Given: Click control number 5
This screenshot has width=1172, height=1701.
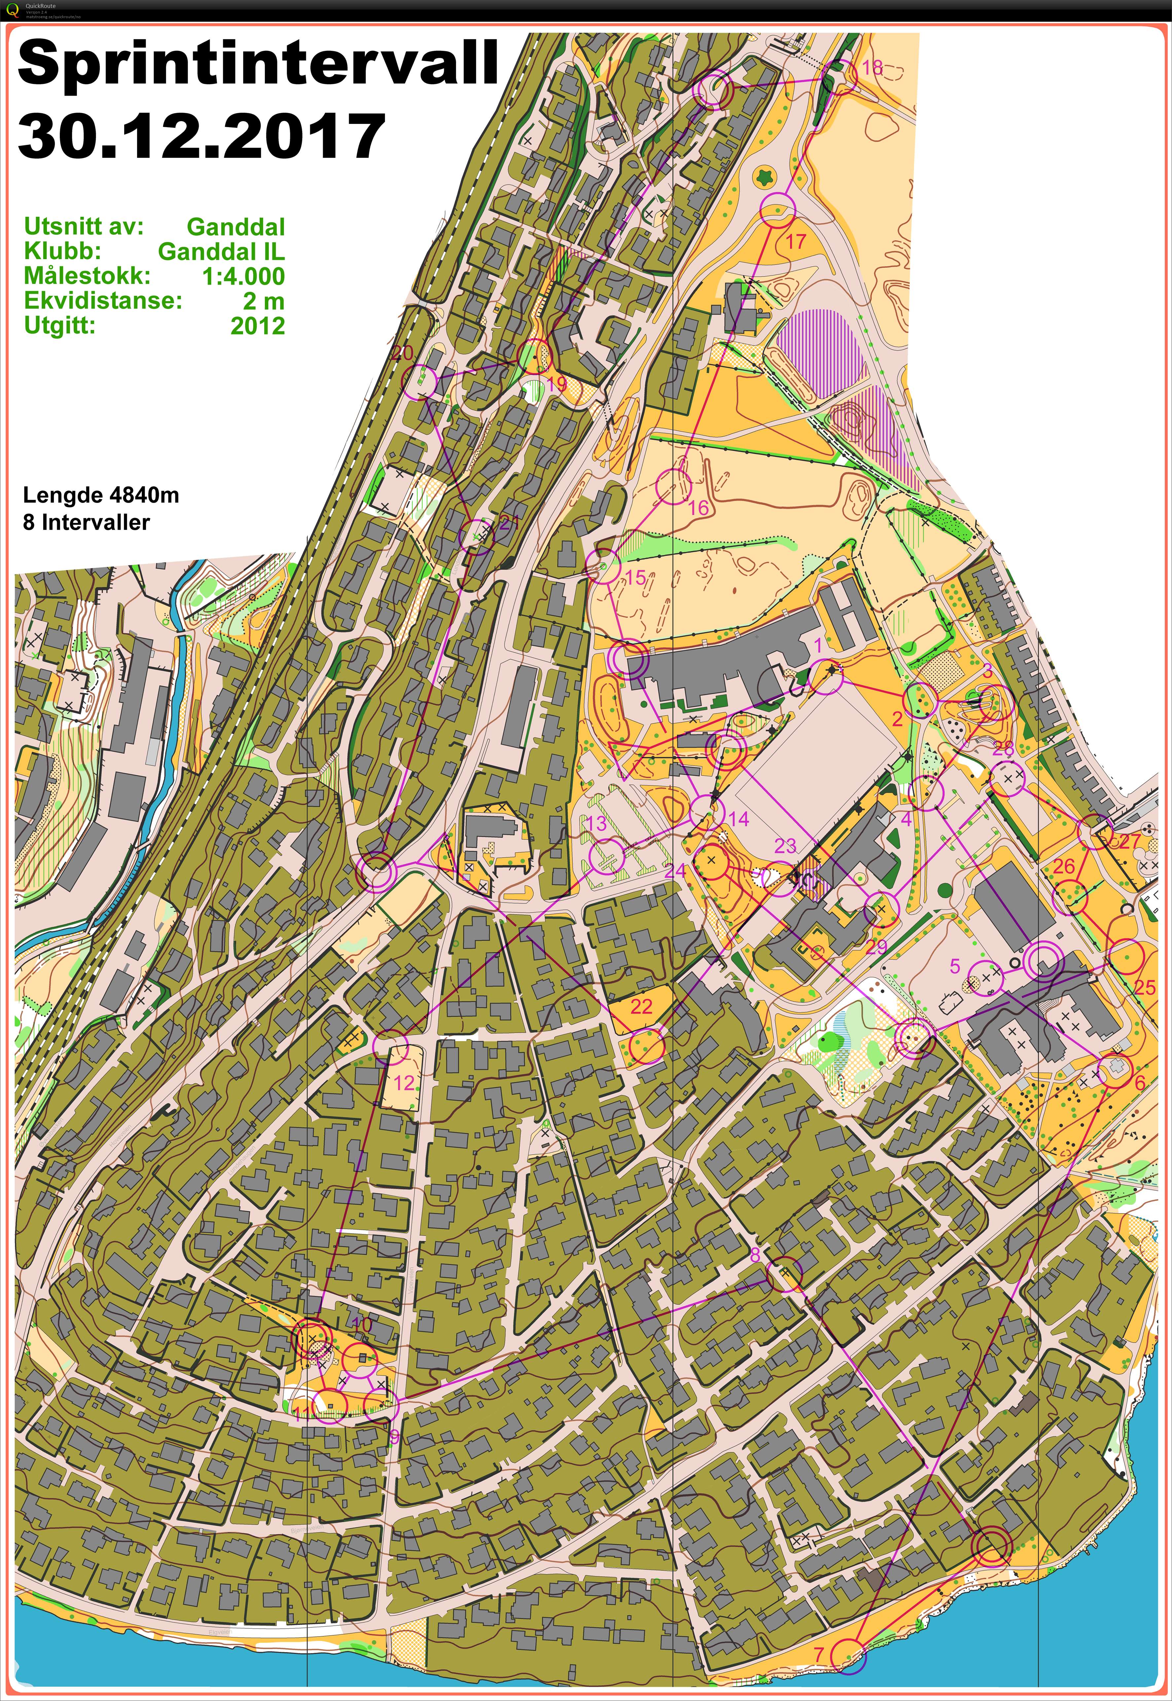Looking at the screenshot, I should coord(955,965).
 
